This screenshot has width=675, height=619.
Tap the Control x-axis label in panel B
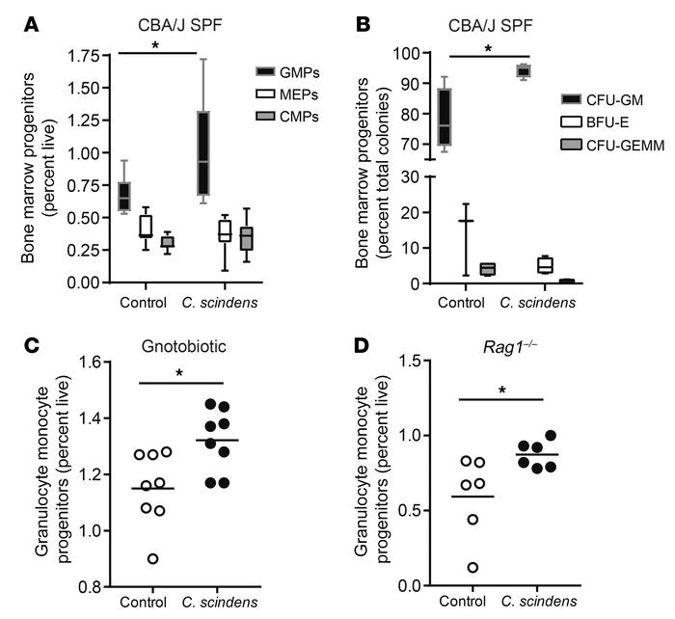459,300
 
